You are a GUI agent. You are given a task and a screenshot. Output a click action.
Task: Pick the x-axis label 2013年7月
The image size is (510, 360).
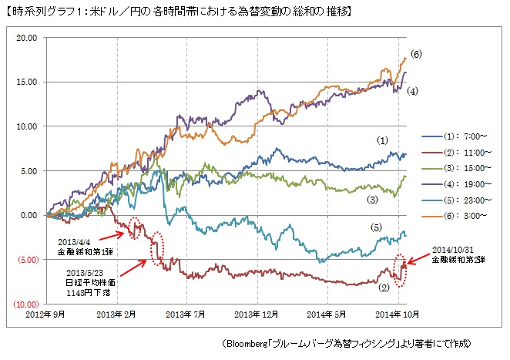click(x=188, y=315)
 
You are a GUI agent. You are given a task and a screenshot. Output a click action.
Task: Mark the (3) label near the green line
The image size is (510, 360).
click(x=372, y=199)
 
